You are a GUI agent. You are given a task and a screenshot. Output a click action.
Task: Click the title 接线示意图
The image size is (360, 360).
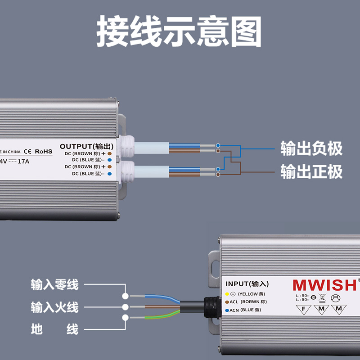tap(179, 32)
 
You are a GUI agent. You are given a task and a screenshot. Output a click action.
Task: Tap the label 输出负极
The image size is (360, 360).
tap(311, 148)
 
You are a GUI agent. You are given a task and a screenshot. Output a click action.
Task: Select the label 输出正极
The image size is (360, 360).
tap(311, 171)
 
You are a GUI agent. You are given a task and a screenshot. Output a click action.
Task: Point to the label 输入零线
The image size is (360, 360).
tap(54, 284)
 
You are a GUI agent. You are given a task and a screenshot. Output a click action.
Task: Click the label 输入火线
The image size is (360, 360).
tap(54, 307)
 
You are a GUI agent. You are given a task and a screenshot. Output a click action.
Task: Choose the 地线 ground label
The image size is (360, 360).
tap(54, 329)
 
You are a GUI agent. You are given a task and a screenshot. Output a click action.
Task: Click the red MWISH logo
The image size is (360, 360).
tap(324, 285)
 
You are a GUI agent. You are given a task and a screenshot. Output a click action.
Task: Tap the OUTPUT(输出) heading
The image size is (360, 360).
tap(87, 146)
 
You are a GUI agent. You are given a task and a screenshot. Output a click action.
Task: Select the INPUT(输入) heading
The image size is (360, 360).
tap(247, 284)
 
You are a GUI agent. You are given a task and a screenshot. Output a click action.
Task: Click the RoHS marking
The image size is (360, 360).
tap(44, 151)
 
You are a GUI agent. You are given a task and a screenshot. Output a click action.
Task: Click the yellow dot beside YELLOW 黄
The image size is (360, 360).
tap(227, 294)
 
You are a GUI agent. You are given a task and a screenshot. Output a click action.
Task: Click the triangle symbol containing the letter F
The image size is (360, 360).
tap(304, 309)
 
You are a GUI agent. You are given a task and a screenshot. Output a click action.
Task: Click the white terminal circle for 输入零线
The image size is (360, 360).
tap(126, 296)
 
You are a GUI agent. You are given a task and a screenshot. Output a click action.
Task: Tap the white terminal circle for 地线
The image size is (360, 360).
tap(126, 318)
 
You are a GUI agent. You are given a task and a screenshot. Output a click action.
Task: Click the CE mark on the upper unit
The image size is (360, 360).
tap(27, 151)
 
